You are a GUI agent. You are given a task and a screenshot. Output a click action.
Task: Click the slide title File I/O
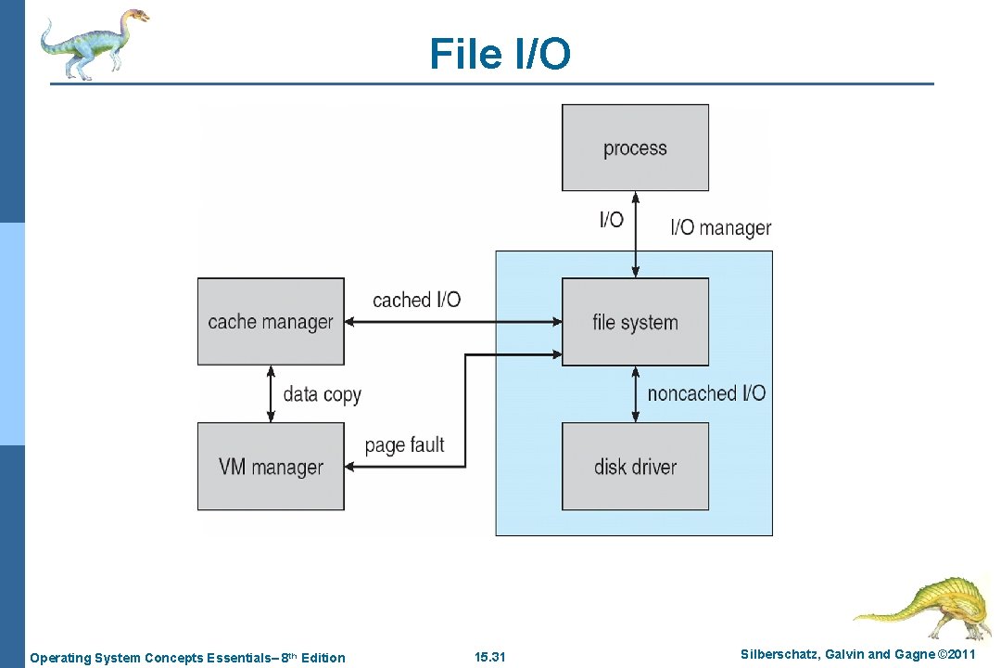[500, 54]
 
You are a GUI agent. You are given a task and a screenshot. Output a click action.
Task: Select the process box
[635, 148]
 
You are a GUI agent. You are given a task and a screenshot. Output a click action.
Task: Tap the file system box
[635, 322]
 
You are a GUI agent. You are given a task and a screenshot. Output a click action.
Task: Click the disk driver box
[635, 466]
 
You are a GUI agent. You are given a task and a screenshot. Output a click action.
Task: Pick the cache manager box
[271, 322]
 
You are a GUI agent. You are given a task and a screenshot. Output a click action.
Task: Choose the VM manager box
[271, 466]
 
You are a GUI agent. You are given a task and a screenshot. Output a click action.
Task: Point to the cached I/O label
[416, 300]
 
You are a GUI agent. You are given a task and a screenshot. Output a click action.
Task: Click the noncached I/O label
[706, 393]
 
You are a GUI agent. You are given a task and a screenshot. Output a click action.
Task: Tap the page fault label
[404, 445]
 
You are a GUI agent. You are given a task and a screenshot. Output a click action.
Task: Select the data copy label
[322, 394]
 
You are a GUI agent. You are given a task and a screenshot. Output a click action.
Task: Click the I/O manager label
[720, 227]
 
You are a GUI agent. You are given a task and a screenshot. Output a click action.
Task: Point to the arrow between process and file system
[635, 234]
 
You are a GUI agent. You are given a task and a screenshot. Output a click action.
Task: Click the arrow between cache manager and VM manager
[271, 393]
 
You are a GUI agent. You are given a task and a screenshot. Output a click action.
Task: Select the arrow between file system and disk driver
[635, 393]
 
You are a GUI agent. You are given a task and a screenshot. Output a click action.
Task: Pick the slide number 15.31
[489, 658]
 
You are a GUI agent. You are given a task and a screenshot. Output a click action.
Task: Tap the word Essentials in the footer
[240, 658]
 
